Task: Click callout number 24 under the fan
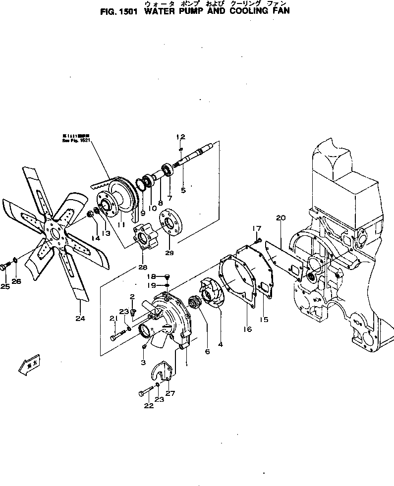(x=80, y=319)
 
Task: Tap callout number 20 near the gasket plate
(x=281, y=217)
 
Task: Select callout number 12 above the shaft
(x=180, y=137)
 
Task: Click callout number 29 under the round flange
(x=169, y=253)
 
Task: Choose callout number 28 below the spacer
(x=143, y=267)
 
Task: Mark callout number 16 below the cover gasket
(x=247, y=329)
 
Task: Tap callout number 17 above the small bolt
(x=256, y=228)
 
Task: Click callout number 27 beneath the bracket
(x=170, y=394)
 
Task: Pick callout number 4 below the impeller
(x=220, y=343)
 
